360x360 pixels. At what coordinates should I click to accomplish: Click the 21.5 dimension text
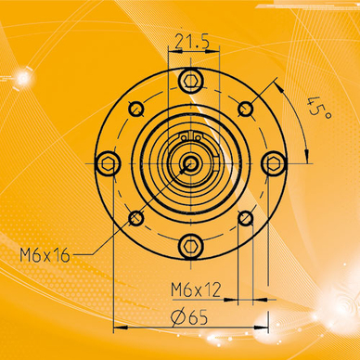point(192,42)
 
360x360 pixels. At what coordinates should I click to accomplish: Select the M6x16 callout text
point(45,255)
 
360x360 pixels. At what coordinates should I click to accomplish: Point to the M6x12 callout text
point(197,290)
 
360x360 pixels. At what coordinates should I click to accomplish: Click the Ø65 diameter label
point(189,317)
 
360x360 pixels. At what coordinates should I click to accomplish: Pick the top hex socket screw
point(191,81)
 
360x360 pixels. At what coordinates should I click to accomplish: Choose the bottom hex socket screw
point(191,246)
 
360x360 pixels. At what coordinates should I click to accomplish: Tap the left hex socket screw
point(108,163)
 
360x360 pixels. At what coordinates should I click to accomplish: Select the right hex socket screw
point(275,163)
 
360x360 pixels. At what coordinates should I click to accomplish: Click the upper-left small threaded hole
point(135,109)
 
